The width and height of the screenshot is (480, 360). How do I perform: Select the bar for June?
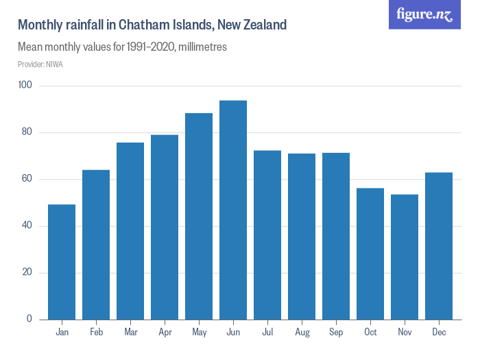(233, 210)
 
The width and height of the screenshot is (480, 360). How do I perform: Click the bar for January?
(62, 262)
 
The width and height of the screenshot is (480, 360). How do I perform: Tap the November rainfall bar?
(405, 257)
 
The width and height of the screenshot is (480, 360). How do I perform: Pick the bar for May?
(199, 216)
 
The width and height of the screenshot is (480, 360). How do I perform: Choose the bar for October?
(370, 254)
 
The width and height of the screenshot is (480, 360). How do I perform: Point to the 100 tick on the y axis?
(25, 86)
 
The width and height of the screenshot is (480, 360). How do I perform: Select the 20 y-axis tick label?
(27, 272)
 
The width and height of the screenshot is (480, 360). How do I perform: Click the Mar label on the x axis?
(130, 332)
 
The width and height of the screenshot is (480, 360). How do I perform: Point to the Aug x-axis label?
(302, 332)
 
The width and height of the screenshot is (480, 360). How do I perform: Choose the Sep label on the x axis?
(336, 332)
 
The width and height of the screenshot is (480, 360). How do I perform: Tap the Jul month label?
(267, 332)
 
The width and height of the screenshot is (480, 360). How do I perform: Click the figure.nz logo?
(424, 15)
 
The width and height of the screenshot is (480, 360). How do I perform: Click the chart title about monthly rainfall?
(152, 25)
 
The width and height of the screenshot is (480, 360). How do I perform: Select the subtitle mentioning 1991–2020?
(122, 48)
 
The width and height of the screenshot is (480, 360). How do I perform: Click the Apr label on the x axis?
(165, 332)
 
